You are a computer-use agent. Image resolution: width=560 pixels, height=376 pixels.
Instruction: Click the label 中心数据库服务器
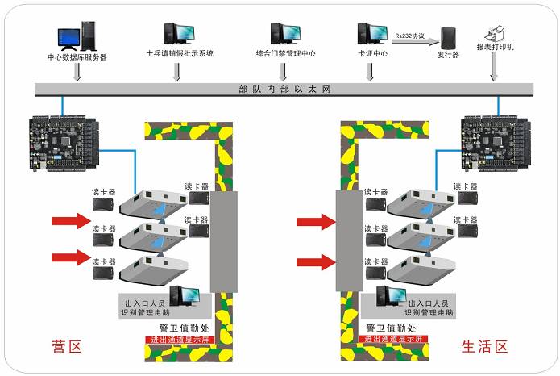coord(77,56)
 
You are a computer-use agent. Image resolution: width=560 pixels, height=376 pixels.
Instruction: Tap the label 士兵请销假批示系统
coord(180,54)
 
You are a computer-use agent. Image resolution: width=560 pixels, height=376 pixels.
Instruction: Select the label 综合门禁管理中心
coord(285,54)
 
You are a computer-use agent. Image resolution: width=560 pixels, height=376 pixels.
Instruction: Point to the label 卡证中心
coord(373,54)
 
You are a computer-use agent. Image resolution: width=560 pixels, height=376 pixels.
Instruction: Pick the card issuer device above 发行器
coord(449,37)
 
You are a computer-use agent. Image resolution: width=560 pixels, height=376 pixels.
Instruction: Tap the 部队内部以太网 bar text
coord(285,89)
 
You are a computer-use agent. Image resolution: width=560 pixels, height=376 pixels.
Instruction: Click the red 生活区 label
coord(485,347)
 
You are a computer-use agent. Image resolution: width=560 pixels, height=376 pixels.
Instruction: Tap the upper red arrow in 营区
coord(72,220)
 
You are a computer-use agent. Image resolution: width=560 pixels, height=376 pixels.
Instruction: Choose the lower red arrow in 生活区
coord(316,261)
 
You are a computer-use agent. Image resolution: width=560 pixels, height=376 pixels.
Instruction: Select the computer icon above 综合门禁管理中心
coord(285,32)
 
